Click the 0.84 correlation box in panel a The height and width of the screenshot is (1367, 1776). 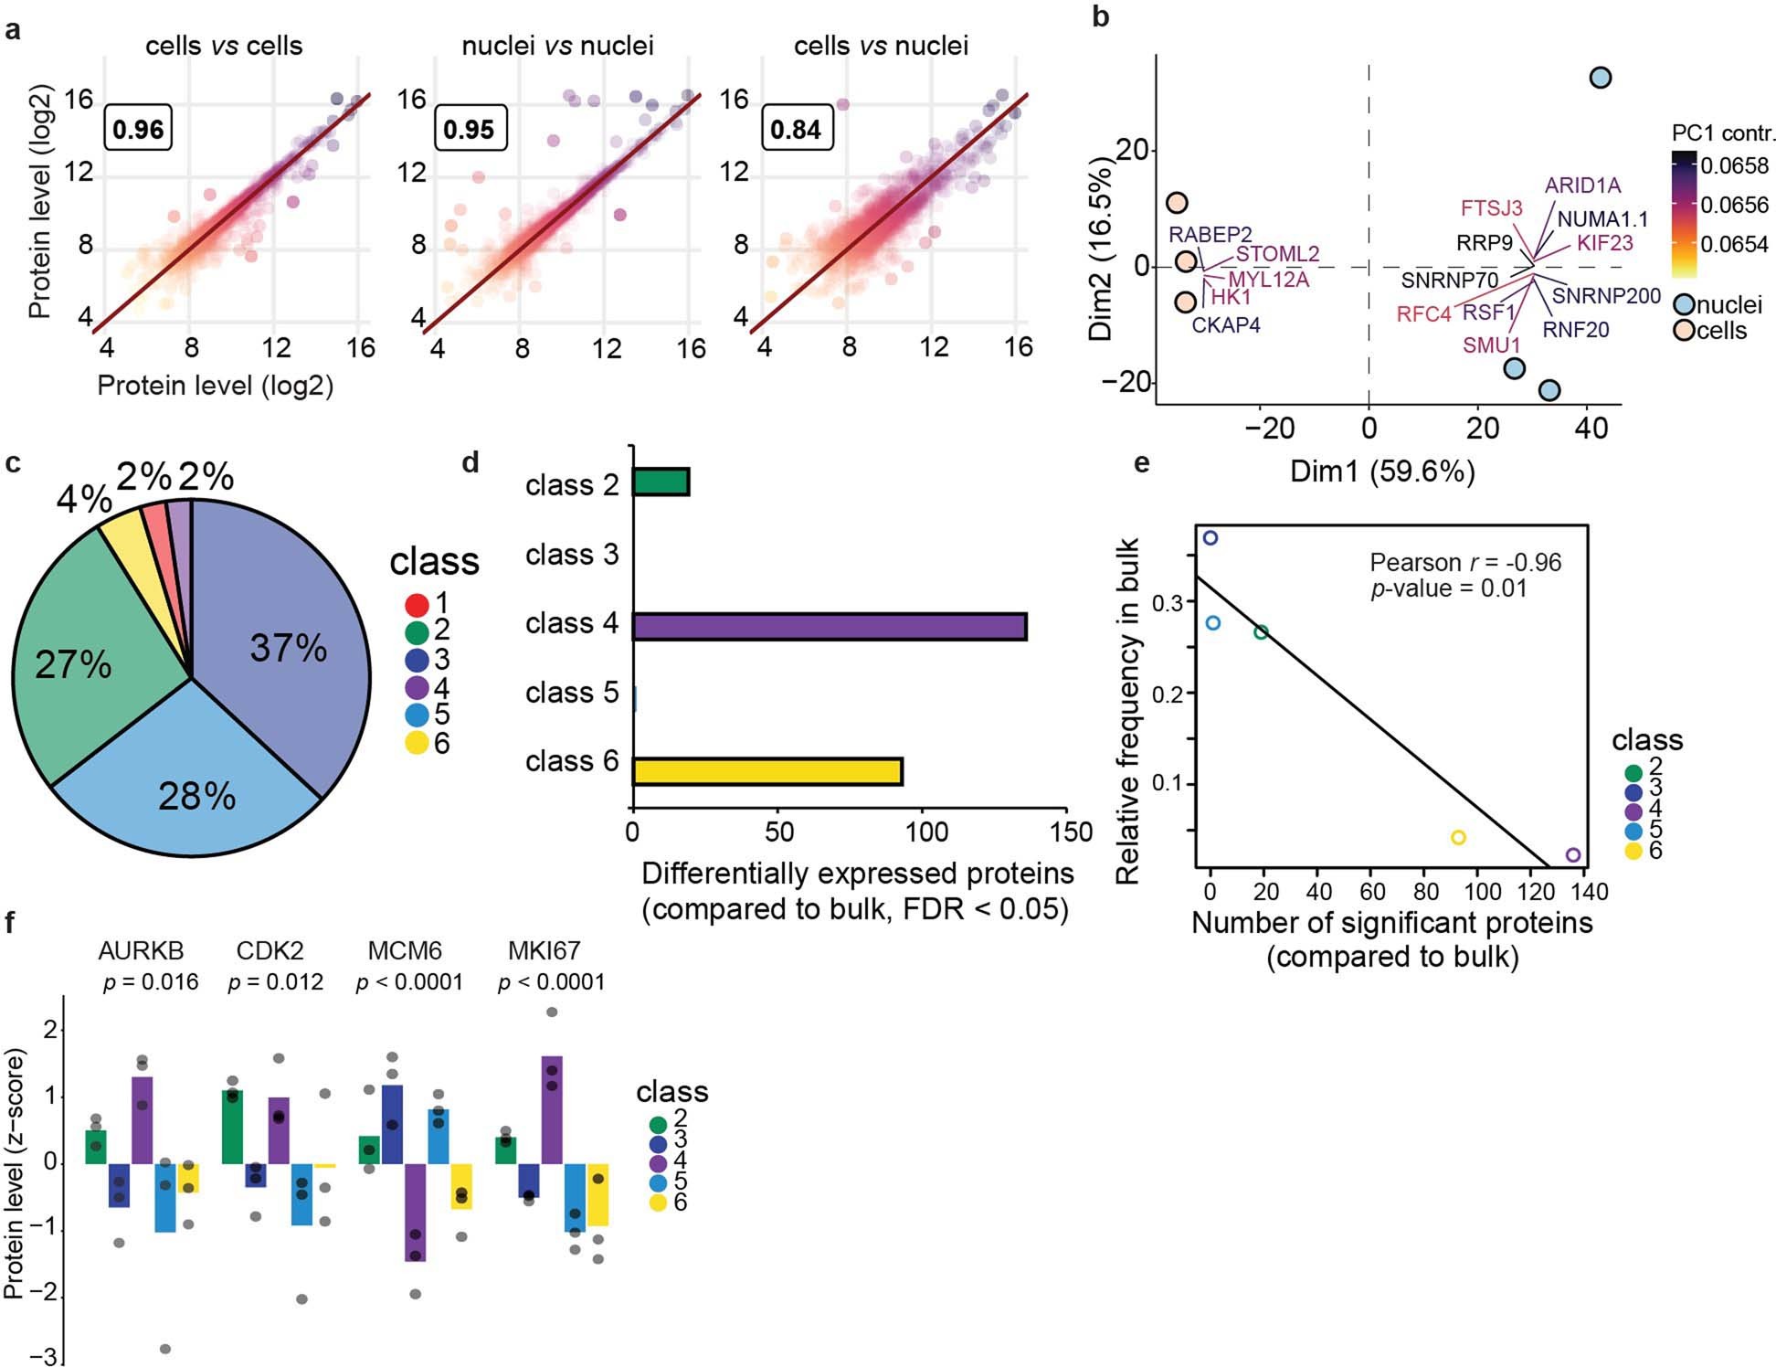tap(796, 129)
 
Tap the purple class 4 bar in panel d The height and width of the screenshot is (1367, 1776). tap(829, 626)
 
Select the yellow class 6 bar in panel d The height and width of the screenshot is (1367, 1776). tap(767, 770)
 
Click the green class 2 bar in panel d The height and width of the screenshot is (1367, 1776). tap(661, 482)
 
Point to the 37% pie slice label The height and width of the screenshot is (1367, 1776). tap(289, 648)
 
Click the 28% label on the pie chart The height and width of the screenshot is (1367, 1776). tap(197, 797)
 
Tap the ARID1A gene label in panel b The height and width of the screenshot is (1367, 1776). tap(1582, 185)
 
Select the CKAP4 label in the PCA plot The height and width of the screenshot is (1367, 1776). tap(1226, 324)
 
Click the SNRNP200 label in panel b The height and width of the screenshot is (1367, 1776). tap(1606, 296)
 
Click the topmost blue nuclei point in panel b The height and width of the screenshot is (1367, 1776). tap(1600, 78)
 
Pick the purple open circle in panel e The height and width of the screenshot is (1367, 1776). tap(1572, 855)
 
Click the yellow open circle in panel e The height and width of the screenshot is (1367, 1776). tap(1458, 837)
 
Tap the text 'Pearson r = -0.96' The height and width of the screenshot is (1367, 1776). tap(1465, 562)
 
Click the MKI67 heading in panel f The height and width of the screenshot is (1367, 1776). tap(544, 951)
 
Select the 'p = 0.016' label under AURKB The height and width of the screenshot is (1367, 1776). tap(151, 982)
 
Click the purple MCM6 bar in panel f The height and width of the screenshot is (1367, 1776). tap(416, 1212)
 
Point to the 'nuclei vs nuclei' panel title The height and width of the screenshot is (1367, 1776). tap(557, 46)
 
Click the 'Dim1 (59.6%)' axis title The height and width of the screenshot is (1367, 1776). tap(1381, 472)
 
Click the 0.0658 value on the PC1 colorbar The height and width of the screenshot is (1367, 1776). tap(1734, 165)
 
